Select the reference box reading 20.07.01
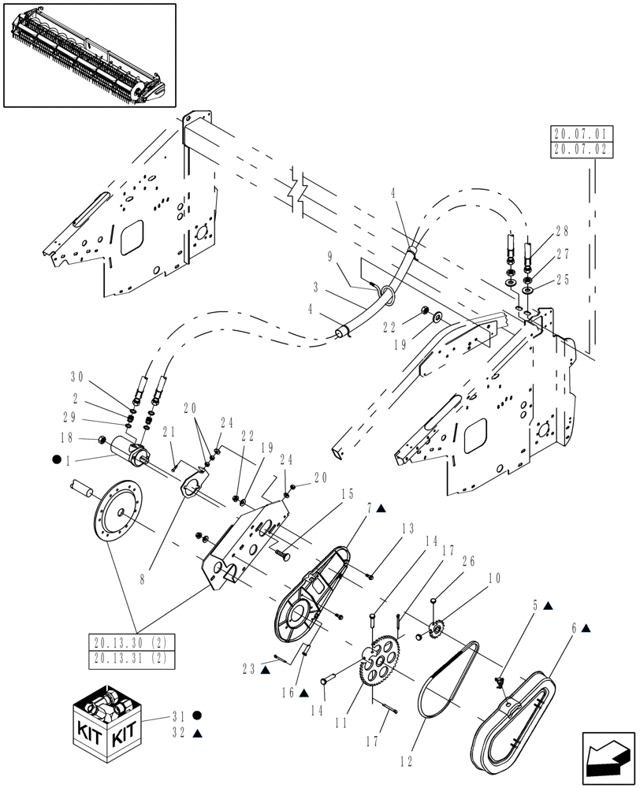point(579,134)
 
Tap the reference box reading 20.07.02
point(579,148)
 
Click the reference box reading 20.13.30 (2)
point(133,643)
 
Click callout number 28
point(562,231)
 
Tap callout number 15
point(348,495)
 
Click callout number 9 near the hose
point(330,255)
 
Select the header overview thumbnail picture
point(89,54)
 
